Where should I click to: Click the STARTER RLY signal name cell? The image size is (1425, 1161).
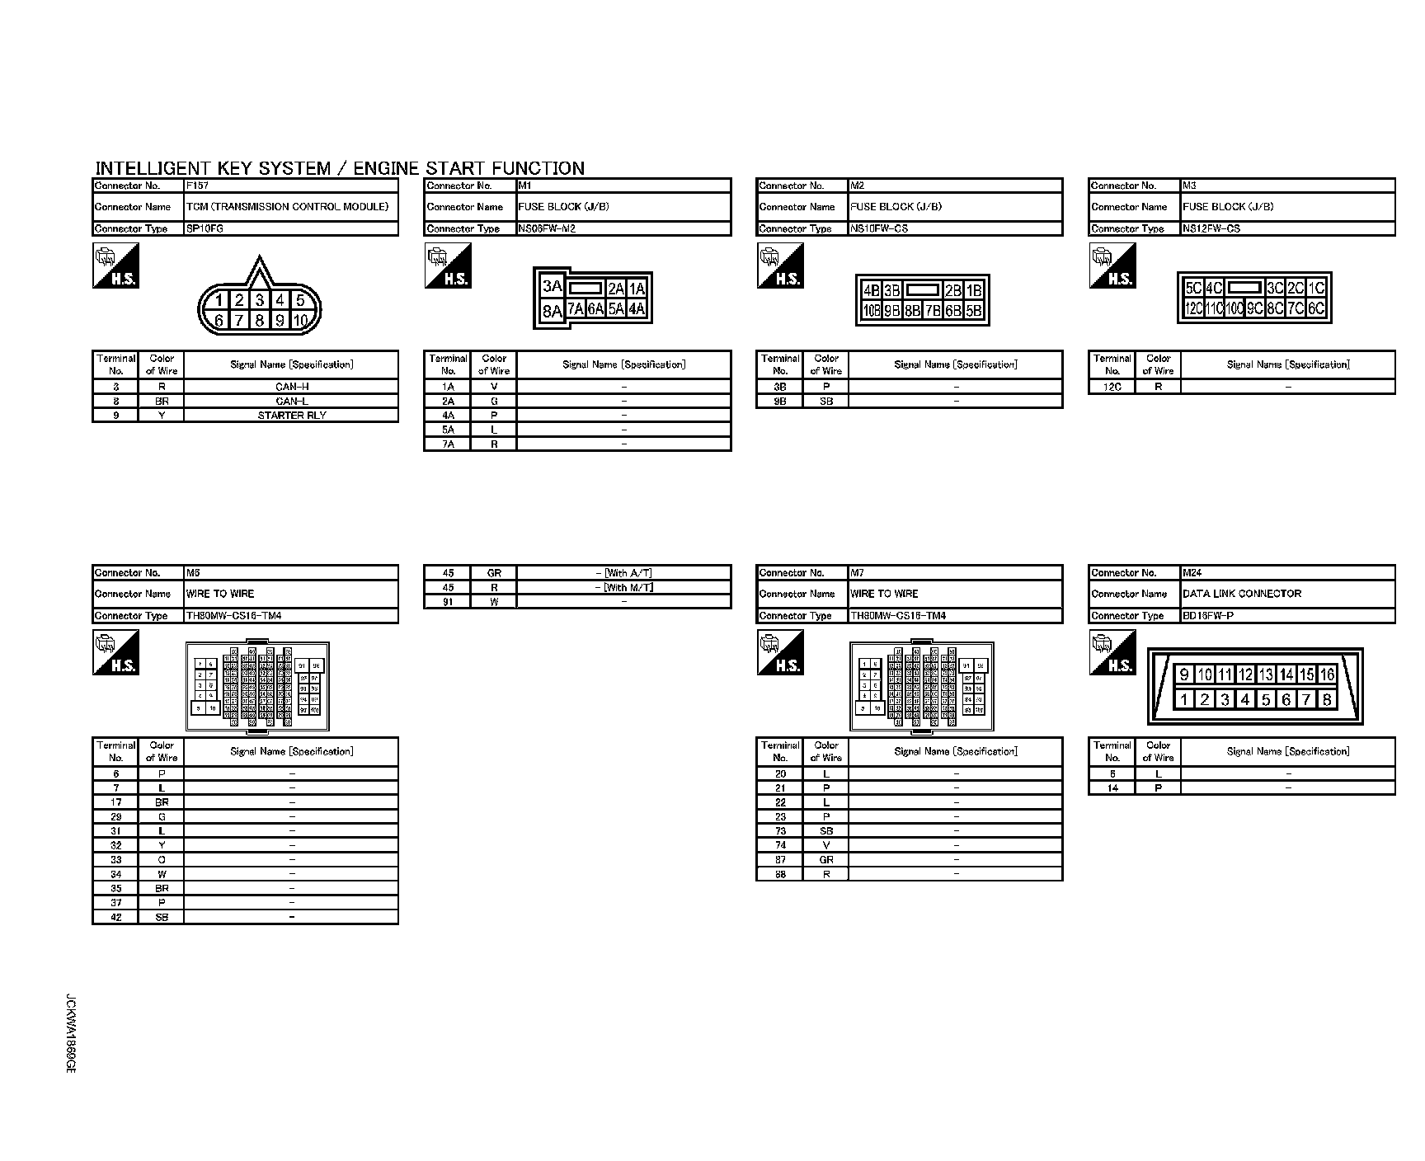pos(291,416)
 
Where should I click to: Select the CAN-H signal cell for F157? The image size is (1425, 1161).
pos(291,387)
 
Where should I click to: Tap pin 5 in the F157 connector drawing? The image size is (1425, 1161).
pos(301,301)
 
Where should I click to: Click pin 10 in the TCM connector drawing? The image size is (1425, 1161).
pos(300,321)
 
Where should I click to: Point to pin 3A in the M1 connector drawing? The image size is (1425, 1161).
pos(552,287)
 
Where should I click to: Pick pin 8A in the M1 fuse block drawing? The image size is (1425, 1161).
pos(552,312)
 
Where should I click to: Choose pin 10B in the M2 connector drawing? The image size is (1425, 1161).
pos(871,311)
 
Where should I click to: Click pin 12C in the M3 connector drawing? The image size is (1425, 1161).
pos(1192,309)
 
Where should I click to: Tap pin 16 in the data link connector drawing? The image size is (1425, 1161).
pos(1327,675)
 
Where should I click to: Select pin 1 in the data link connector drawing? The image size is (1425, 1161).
pos(1184,700)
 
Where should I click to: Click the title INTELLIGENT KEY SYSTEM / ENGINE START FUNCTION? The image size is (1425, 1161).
pos(340,168)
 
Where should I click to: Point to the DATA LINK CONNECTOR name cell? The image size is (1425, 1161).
pos(1287,594)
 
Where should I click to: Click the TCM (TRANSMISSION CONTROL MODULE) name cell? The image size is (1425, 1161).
pos(291,207)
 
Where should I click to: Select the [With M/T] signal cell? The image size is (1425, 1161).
pos(623,588)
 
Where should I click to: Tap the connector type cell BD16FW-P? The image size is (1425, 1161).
pos(1287,616)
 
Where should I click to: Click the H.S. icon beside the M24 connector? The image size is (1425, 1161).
pos(1112,653)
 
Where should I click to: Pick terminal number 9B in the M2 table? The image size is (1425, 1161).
pos(780,402)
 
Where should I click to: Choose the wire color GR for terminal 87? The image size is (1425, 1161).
pos(826,860)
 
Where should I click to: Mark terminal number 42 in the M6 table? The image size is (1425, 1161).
pos(116,918)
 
